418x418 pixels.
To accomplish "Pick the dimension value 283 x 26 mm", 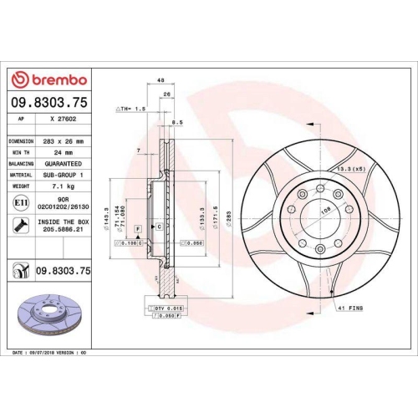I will click(x=63, y=141).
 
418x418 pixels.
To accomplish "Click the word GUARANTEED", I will click(x=63, y=165).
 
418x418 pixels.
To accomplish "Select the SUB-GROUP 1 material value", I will click(x=63, y=176).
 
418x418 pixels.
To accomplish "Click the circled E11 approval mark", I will click(x=19, y=203).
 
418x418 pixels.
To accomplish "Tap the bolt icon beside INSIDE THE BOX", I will click(x=19, y=224).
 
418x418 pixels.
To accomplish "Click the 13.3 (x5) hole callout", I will click(x=350, y=168).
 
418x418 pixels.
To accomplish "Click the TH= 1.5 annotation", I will click(x=131, y=110).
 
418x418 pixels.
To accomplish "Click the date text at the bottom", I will click(x=50, y=354).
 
